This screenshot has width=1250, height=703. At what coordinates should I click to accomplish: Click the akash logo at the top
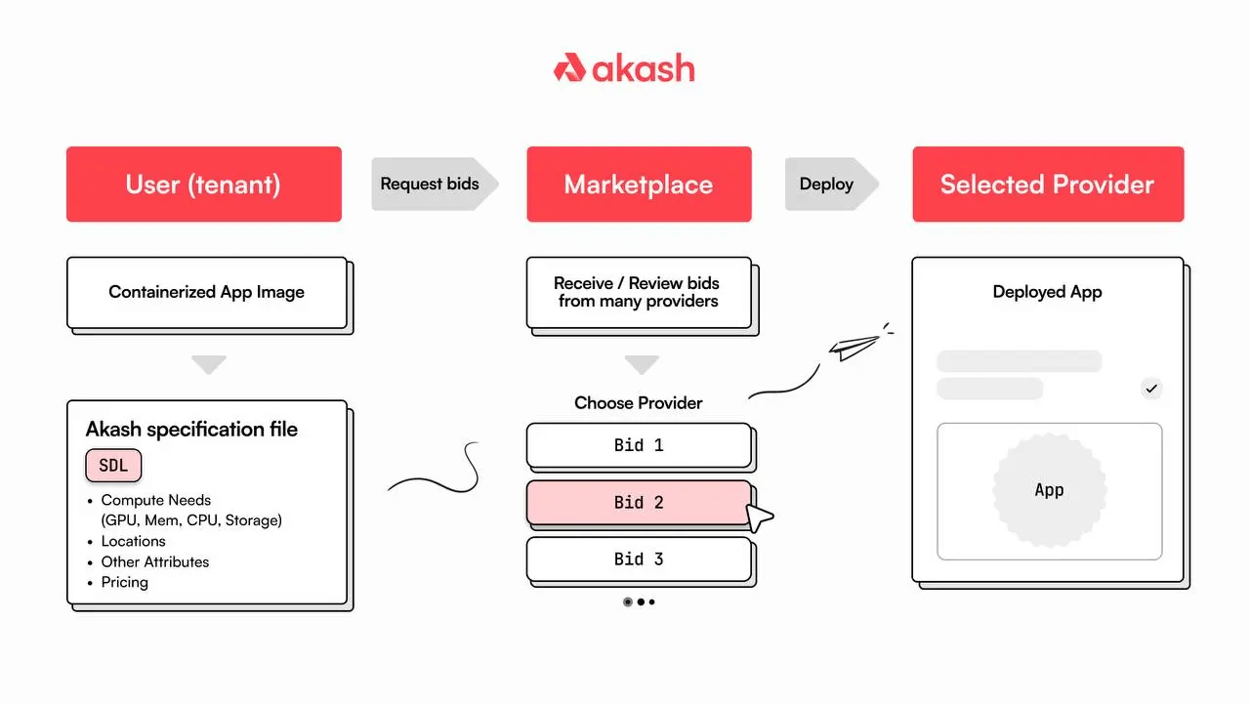(624, 68)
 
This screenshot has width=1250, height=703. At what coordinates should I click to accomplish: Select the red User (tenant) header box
(204, 185)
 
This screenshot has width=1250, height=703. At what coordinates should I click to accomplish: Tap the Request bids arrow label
(431, 184)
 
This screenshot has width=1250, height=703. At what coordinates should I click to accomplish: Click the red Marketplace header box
(639, 185)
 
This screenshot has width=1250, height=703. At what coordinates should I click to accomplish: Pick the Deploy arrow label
(827, 184)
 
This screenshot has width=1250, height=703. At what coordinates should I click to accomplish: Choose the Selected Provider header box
(1047, 185)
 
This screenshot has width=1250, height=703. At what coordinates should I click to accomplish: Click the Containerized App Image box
(207, 292)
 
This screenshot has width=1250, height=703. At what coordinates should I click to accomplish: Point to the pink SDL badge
(113, 466)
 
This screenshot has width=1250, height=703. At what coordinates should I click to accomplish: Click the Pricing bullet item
(125, 582)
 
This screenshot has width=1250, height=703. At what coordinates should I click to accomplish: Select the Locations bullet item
(134, 541)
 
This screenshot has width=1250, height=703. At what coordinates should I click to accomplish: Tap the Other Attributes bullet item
(155, 561)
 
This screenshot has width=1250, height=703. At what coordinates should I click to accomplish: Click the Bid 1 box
(639, 445)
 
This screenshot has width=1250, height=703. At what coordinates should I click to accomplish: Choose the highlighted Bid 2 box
(639, 503)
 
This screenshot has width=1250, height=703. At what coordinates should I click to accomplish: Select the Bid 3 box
(639, 559)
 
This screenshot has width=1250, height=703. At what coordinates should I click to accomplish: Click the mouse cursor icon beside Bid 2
(759, 517)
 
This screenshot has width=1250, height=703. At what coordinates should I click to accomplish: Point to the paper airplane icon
(853, 347)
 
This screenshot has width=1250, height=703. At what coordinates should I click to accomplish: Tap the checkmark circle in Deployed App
(1152, 389)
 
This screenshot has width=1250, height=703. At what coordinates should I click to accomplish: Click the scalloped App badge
(1049, 490)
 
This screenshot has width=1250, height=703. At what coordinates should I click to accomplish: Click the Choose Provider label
(639, 402)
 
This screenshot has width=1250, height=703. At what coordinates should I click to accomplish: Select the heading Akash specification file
(191, 429)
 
